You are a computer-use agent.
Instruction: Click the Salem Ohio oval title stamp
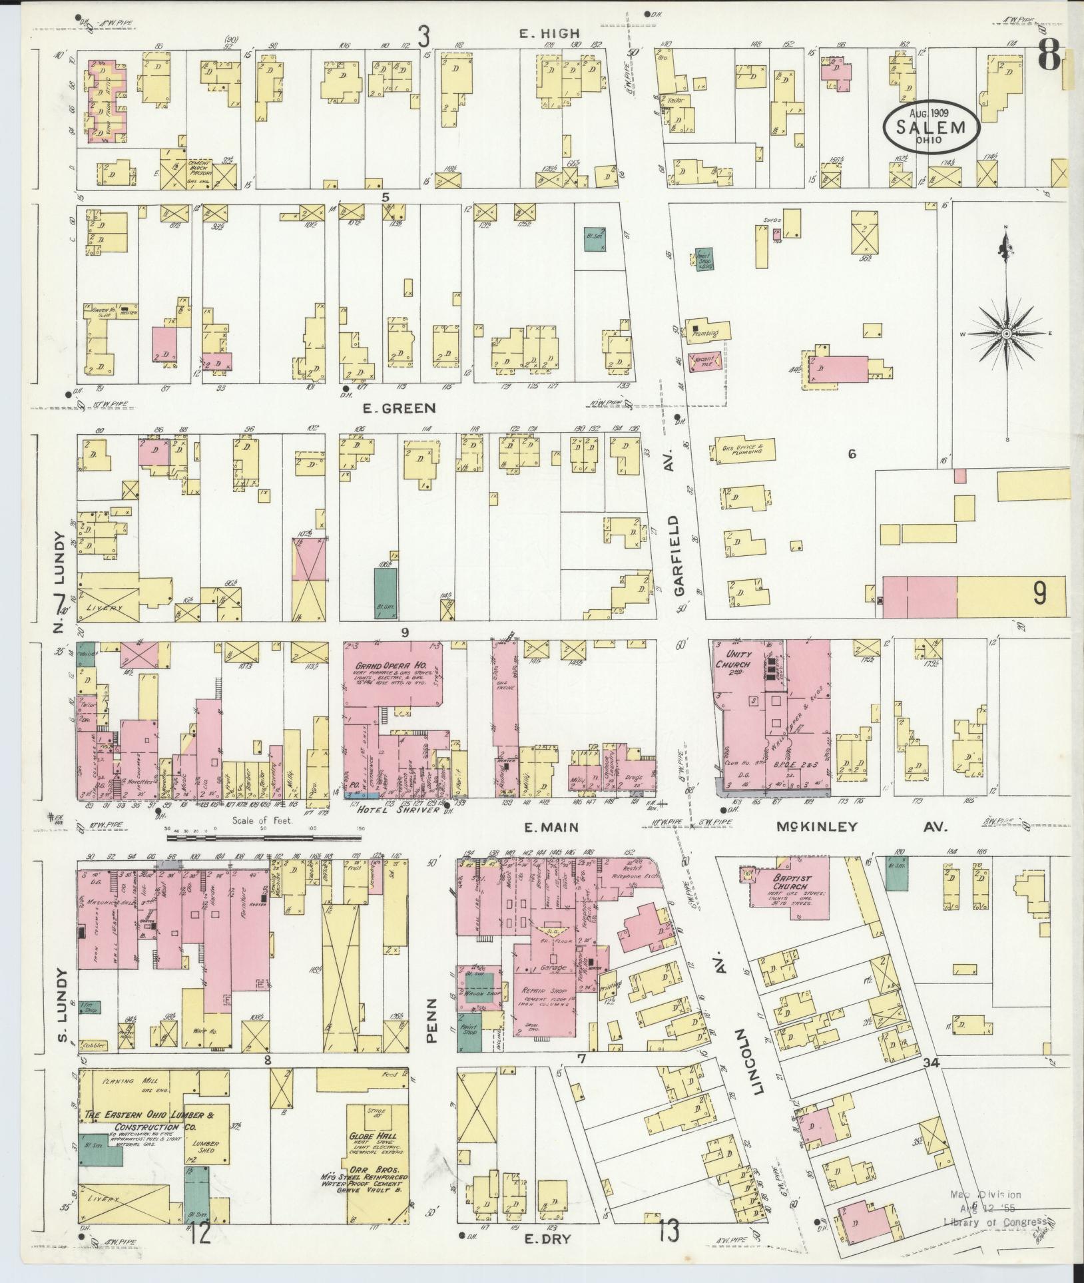click(932, 128)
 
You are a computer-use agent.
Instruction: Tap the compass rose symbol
click(1007, 333)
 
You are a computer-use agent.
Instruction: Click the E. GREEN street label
click(398, 407)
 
